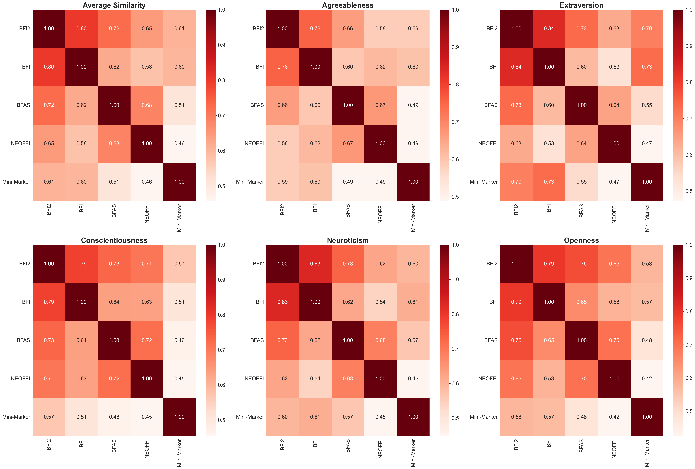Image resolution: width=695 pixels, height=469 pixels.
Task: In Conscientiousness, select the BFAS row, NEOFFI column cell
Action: (147, 340)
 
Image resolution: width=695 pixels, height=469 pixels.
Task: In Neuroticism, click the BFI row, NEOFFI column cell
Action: (380, 302)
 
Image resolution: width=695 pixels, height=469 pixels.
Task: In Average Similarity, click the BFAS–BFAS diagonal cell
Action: (114, 105)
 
